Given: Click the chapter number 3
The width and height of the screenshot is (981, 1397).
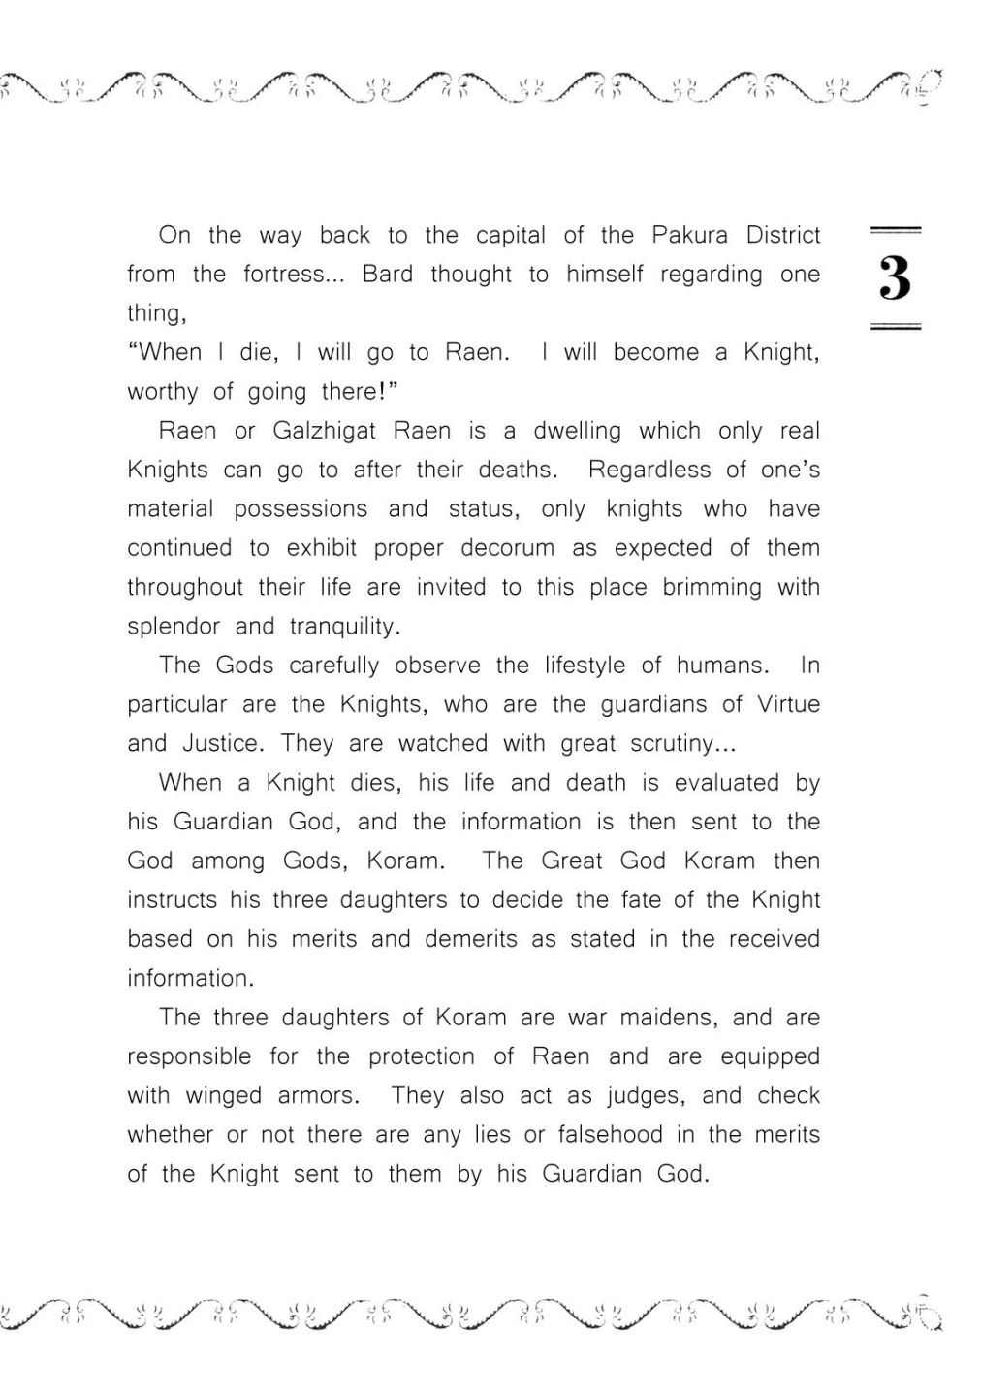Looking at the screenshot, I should pos(895,278).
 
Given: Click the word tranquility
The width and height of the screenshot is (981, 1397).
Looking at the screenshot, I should pos(344,627).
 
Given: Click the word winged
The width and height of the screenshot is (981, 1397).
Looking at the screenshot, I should pos(225,1096).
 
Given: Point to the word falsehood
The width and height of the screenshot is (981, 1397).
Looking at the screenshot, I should pos(589,1135).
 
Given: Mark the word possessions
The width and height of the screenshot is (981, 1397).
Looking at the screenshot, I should pos(301,509).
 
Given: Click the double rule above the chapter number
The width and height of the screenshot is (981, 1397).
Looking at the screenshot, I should pos(895,230).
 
